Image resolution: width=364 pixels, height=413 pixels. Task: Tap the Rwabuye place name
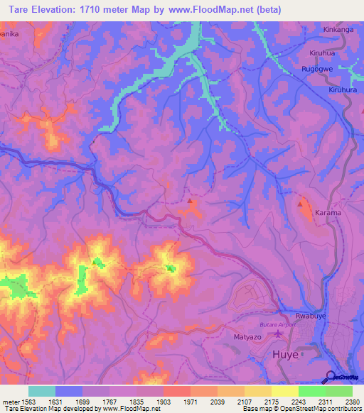click(311, 316)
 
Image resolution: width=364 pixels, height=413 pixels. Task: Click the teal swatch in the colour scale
click(41, 391)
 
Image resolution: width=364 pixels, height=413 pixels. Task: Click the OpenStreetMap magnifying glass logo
click(328, 377)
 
